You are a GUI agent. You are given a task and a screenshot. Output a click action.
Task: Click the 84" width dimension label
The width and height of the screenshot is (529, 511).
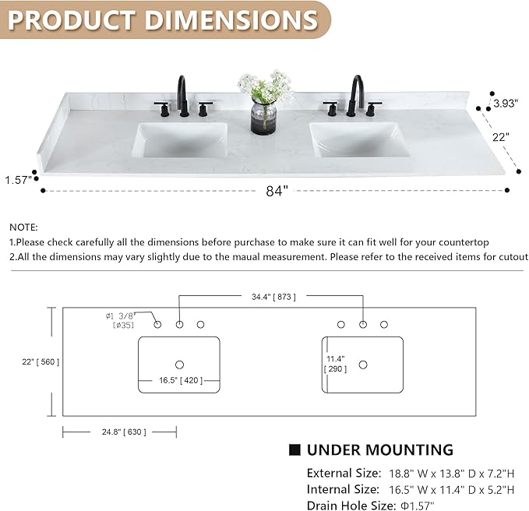(x=277, y=191)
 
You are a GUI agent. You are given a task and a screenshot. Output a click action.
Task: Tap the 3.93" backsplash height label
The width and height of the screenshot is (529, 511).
(x=505, y=103)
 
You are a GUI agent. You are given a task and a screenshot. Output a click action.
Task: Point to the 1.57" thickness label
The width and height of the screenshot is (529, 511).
(x=18, y=180)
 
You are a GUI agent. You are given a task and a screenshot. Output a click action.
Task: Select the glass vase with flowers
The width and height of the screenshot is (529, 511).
(x=265, y=102)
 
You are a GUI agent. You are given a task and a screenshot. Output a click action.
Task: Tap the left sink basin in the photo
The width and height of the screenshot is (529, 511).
(x=182, y=140)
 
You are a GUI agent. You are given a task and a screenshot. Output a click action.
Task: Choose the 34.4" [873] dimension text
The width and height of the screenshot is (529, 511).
(x=273, y=297)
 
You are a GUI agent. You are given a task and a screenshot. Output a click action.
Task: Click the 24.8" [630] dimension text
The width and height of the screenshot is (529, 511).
(x=124, y=432)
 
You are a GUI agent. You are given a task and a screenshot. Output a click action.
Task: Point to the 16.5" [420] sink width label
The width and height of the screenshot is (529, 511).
(x=181, y=380)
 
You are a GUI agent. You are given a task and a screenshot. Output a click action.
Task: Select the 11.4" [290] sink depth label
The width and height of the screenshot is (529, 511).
(x=335, y=364)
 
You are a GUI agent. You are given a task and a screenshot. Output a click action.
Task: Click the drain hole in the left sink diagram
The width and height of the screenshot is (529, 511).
(x=179, y=365)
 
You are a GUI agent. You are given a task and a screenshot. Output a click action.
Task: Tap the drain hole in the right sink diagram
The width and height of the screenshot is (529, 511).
(x=363, y=365)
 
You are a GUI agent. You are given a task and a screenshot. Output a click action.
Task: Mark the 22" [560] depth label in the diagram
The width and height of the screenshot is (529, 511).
(x=41, y=362)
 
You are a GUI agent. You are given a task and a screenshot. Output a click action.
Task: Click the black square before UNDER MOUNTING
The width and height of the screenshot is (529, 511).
(x=294, y=450)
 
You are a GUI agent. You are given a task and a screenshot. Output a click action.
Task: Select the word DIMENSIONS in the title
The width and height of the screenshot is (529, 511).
(x=231, y=20)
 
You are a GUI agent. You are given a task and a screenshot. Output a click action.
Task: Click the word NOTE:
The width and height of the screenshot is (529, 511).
(x=23, y=227)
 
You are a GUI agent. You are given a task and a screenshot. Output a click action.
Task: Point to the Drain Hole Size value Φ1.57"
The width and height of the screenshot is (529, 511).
(x=418, y=506)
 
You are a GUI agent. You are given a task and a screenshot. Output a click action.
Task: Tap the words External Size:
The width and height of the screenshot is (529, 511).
(x=344, y=473)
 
